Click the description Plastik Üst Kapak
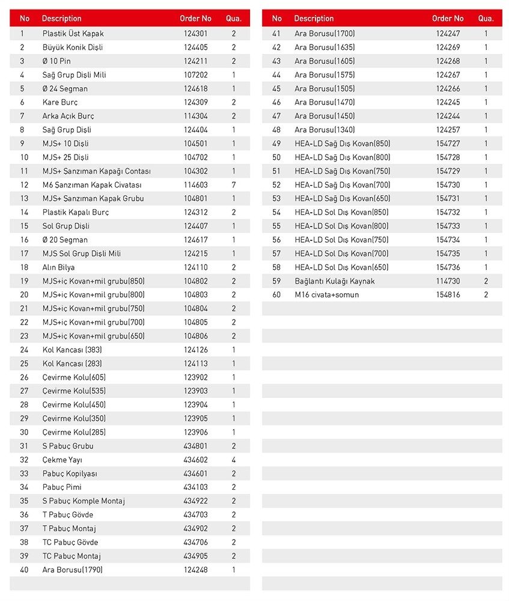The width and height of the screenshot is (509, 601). tap(73, 34)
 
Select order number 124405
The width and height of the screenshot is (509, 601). tap(195, 47)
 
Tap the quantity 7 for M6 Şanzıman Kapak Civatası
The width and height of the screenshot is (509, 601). tap(234, 185)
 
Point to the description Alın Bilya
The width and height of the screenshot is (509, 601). tap(58, 267)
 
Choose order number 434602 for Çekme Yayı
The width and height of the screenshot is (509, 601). tap(195, 460)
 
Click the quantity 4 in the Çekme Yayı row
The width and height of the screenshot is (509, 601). tap(234, 460)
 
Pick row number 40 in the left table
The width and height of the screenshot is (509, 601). tap(24, 570)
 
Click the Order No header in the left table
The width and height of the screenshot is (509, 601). tap(195, 19)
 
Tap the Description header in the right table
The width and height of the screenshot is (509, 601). tap(314, 19)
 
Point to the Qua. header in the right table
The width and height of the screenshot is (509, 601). tap(486, 19)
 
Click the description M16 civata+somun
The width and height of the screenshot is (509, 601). tap(326, 295)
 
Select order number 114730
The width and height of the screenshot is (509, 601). tap(448, 281)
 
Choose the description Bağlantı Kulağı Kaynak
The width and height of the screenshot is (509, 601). tap(334, 281)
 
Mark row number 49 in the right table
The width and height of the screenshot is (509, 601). tap(276, 144)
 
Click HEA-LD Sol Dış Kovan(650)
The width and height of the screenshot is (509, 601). tap(341, 267)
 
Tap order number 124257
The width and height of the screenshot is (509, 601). tap(448, 130)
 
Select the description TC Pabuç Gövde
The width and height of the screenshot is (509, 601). tap(70, 542)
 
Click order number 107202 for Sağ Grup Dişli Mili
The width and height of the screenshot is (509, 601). tap(195, 75)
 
